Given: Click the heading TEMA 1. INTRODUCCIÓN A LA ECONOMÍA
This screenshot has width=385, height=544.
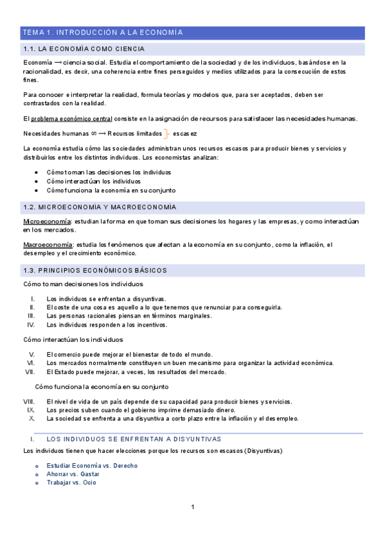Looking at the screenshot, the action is [x=103, y=32].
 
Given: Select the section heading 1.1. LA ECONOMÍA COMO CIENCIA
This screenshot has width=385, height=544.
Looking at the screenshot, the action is [x=84, y=49].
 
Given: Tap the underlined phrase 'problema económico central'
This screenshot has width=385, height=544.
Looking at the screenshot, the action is [x=71, y=119].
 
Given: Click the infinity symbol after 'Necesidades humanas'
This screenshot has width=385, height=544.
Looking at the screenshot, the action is [x=93, y=133].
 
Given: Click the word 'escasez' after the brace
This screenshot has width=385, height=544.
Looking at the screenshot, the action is [x=185, y=133].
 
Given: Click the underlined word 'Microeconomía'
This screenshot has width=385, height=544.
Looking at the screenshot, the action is [x=47, y=221].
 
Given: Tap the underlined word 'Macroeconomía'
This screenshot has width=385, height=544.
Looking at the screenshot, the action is [x=48, y=245].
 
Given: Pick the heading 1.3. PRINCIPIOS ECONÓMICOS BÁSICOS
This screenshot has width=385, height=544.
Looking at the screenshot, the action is [x=94, y=270].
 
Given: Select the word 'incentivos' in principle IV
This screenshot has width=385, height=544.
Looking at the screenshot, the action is [x=152, y=325].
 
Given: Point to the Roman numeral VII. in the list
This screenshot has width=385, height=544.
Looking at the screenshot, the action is [x=29, y=372].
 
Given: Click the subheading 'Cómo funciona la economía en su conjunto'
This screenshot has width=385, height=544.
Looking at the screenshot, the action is [x=102, y=387].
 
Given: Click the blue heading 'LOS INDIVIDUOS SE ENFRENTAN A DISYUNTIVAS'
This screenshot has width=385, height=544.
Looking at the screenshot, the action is [x=134, y=439].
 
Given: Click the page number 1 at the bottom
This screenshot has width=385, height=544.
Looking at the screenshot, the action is [x=192, y=507].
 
